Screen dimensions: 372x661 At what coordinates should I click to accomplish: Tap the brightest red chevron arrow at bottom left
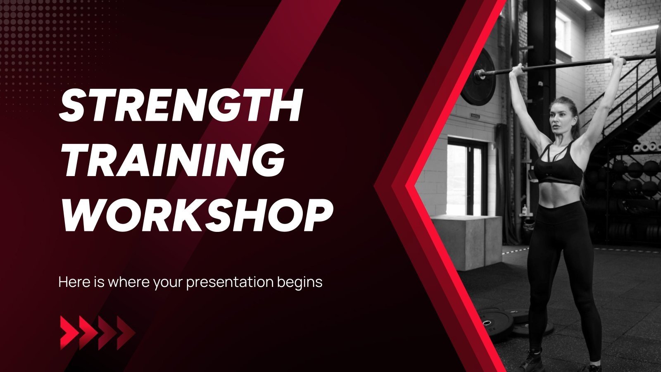(69, 333)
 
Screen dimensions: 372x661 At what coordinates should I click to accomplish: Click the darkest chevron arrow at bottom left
(126, 333)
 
